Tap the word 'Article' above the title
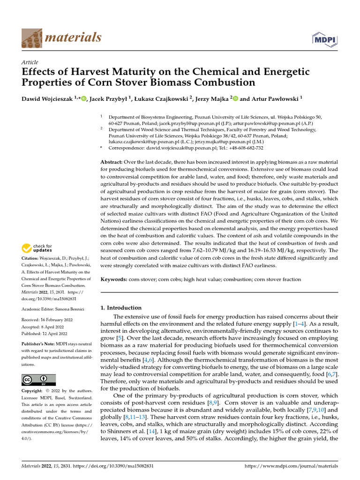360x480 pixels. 30,62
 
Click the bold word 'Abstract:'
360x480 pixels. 112,162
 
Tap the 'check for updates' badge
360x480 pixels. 37,248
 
